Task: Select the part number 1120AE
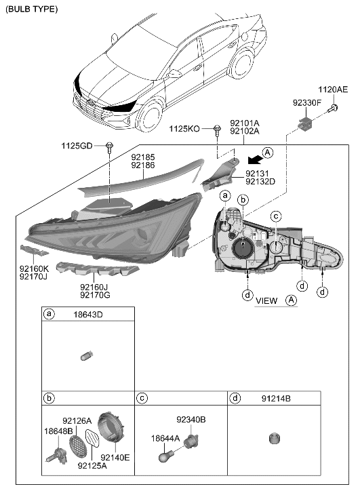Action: click(333, 90)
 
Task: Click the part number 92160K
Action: click(34, 269)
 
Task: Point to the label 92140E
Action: click(116, 457)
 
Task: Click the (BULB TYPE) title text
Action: click(32, 9)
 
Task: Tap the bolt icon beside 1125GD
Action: click(109, 146)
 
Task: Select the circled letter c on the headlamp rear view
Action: click(276, 217)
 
